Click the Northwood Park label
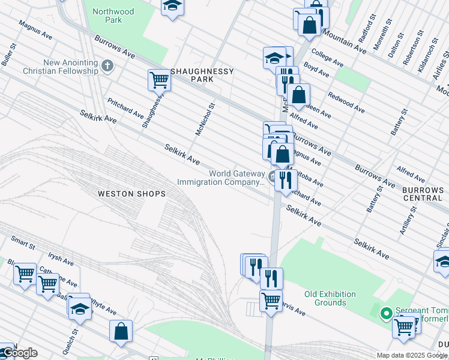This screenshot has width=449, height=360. (x=112, y=15)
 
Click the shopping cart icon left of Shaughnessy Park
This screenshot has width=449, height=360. (x=159, y=79)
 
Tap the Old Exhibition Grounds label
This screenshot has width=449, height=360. (x=330, y=298)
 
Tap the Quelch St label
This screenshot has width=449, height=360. (x=74, y=340)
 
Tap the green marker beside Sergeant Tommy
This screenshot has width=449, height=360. (x=387, y=313)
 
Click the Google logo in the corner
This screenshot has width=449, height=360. (x=19, y=353)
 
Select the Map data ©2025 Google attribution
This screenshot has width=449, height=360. (x=412, y=355)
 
